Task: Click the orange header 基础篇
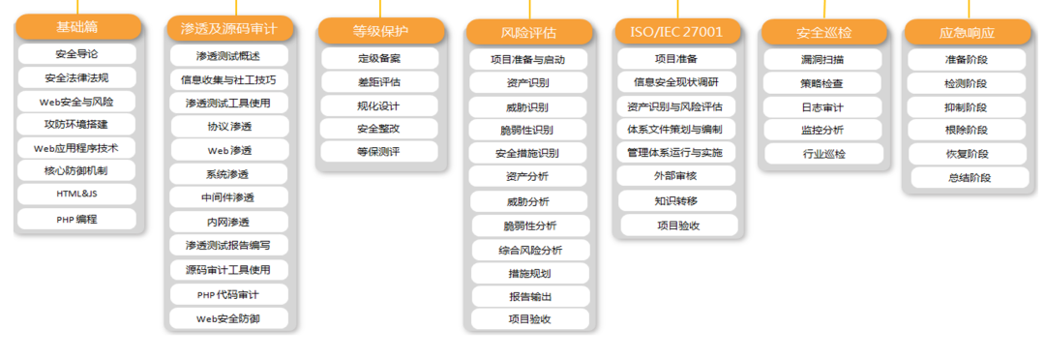77,26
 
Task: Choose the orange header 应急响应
967,32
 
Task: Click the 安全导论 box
77,54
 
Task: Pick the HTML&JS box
77,195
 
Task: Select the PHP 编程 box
77,219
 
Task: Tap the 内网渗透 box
228,222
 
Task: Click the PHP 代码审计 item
228,293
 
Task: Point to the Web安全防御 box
228,317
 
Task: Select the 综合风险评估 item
529,250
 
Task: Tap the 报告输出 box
529,296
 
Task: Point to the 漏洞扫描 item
823,59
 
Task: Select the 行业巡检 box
823,153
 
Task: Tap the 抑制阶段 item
967,106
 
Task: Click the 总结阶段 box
967,177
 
